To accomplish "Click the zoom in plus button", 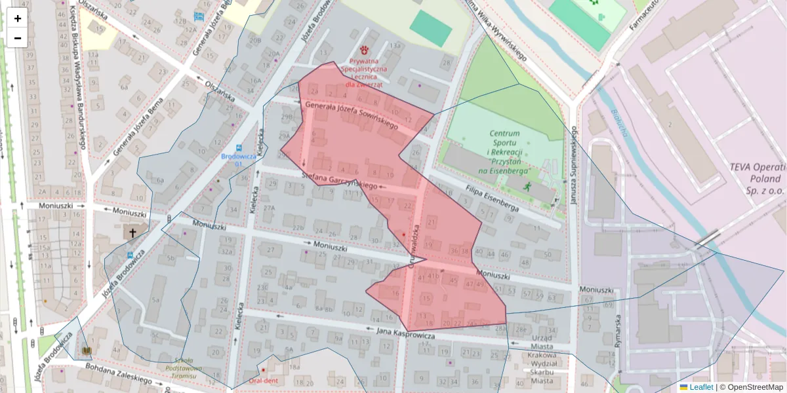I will tap(18, 18).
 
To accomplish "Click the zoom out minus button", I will tap(18, 38).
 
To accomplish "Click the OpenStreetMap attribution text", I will tap(754, 387).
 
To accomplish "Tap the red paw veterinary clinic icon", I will tap(364, 50).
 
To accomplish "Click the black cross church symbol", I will tap(132, 233).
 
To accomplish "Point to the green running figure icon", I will tap(527, 187).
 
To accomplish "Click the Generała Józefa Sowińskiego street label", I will tap(352, 115).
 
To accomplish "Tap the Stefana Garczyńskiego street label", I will tap(340, 181).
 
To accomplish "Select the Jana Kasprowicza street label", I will tap(407, 334).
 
